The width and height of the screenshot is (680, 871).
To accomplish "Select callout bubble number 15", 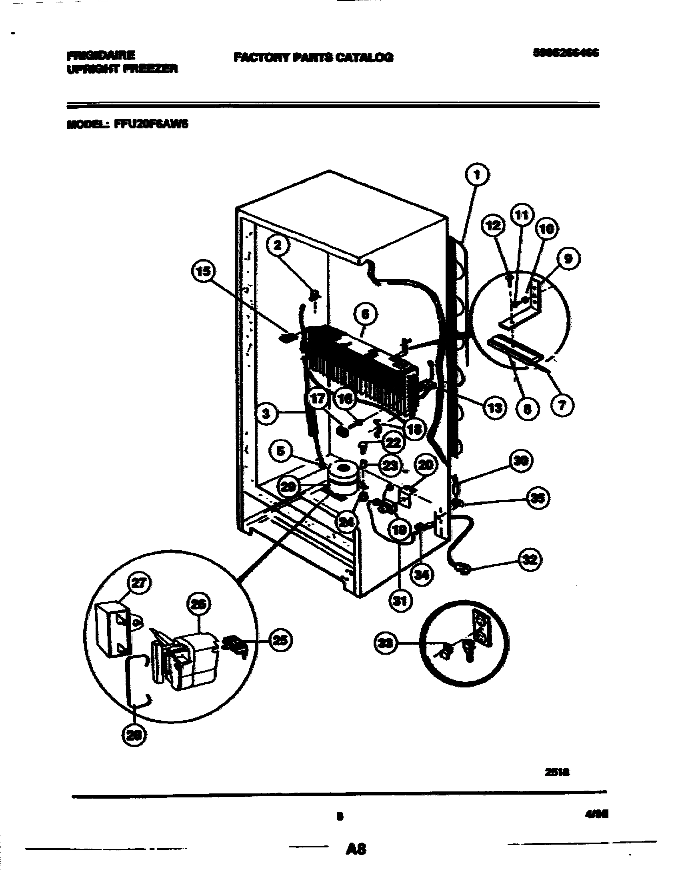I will [203, 272].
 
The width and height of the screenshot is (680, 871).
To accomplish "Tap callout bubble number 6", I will [365, 315].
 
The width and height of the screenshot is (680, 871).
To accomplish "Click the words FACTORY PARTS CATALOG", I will [313, 58].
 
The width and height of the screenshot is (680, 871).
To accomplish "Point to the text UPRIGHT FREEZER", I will [122, 69].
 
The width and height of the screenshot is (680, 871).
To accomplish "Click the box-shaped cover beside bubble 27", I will [112, 628].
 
